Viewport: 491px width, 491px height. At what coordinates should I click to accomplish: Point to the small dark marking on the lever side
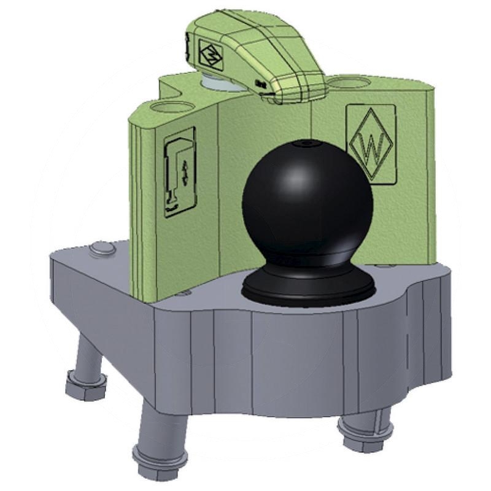(260, 82)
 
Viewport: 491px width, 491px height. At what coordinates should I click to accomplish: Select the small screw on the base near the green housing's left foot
(185, 294)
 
